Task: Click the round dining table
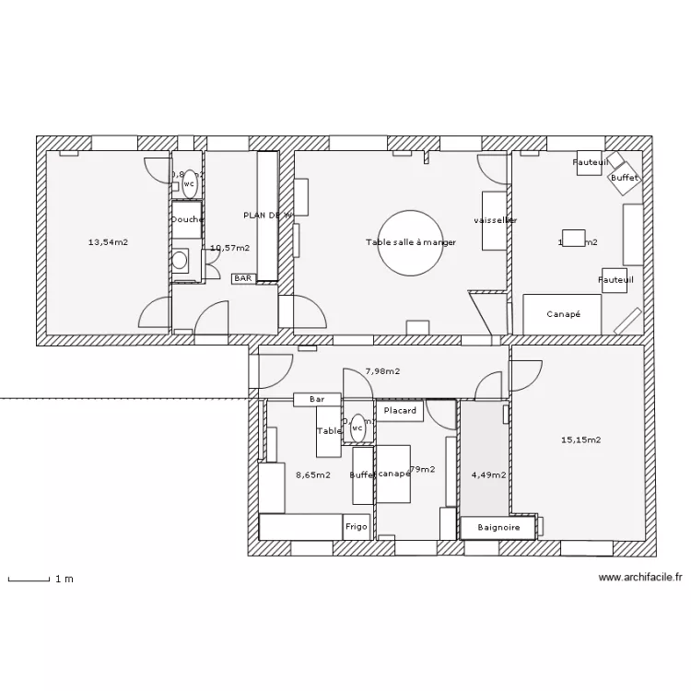411,242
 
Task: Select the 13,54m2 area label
108,242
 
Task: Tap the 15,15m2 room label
580,439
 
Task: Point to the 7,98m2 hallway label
382,371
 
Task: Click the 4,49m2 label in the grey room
487,475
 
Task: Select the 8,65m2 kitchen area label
313,475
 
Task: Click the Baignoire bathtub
499,528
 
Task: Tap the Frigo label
357,527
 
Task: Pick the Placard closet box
400,411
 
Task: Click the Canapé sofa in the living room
563,314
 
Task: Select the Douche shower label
187,219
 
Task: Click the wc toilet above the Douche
189,184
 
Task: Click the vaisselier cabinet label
495,221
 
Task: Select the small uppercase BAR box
243,277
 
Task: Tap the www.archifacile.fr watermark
640,578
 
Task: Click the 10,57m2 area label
229,248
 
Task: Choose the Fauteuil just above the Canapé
615,279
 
